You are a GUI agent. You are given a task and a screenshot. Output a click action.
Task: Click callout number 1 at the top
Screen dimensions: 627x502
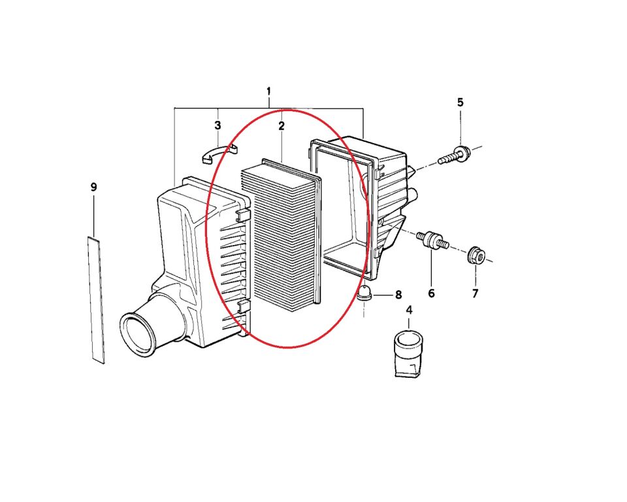tap(268, 92)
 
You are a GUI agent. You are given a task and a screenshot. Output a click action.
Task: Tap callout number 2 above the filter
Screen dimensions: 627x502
tap(281, 125)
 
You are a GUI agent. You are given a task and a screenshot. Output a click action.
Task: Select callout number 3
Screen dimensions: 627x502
tap(217, 125)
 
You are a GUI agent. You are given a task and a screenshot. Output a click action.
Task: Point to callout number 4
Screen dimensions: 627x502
tap(409, 310)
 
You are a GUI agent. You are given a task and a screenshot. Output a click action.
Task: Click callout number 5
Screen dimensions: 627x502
tap(460, 102)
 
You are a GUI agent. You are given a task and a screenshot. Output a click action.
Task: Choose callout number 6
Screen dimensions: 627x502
tap(431, 293)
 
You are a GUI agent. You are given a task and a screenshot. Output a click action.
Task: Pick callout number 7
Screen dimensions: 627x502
tap(475, 293)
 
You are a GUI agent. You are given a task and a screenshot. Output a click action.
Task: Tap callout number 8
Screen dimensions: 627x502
tap(398, 295)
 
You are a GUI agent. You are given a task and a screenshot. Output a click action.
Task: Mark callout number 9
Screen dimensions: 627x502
tap(93, 187)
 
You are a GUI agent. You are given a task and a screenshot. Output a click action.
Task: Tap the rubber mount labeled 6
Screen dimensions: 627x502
tap(432, 240)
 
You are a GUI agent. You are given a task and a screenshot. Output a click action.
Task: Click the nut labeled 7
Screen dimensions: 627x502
tap(476, 256)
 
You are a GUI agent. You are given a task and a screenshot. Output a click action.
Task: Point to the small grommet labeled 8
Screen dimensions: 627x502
tap(364, 293)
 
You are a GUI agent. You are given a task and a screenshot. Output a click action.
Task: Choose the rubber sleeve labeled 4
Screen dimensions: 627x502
tap(408, 354)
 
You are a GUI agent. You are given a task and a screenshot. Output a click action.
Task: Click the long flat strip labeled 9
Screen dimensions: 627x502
tap(97, 300)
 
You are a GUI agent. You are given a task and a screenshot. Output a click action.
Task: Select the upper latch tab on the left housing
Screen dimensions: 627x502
tap(242, 215)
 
